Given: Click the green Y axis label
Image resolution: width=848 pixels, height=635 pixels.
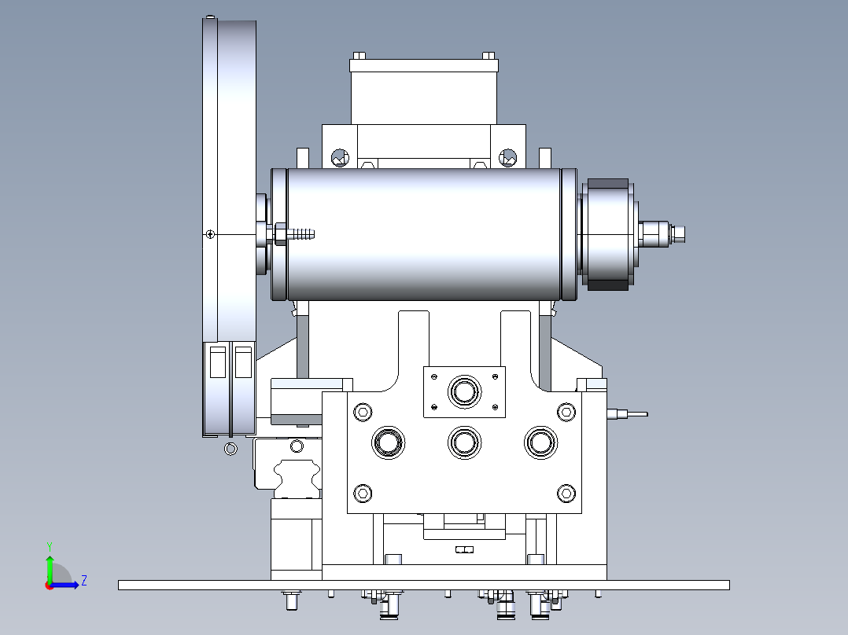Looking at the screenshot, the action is click(50, 546).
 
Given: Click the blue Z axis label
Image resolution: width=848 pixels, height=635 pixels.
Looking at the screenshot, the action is click(84, 581).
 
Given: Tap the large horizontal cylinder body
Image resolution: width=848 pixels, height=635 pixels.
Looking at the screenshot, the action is click(424, 234).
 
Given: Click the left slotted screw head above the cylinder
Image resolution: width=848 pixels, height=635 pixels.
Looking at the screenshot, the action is click(340, 158).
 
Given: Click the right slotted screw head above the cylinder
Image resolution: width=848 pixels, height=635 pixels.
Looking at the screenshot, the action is click(507, 158).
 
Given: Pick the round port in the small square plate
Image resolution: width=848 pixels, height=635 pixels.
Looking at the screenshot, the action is click(464, 391).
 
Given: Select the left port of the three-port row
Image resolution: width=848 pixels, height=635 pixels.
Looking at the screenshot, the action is click(389, 442).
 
